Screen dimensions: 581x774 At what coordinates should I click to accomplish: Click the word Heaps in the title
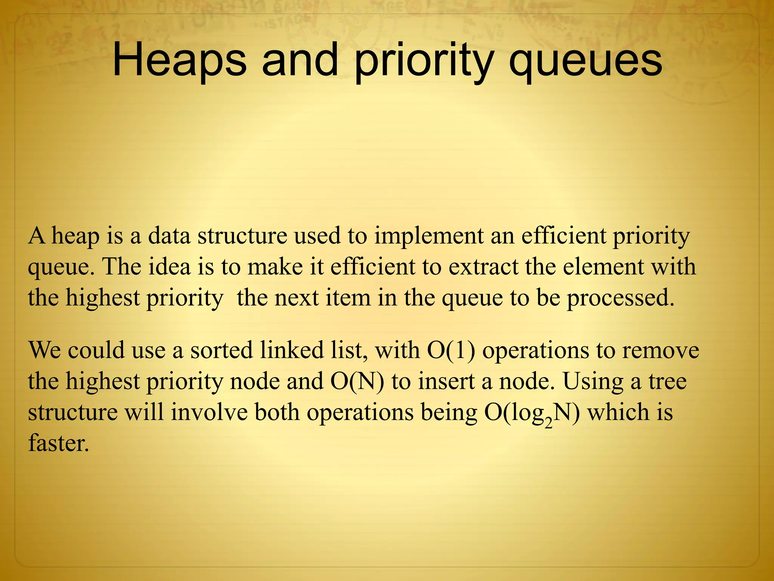pos(179,61)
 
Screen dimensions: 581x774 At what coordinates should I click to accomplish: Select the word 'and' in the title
pos(300,61)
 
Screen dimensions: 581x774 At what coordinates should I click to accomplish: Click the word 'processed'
pos(620,298)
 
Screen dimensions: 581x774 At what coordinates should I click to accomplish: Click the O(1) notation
pos(451,350)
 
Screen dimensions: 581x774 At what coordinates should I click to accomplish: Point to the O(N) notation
pos(357,381)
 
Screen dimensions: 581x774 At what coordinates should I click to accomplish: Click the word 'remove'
pos(661,350)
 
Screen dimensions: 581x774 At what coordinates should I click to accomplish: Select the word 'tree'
pos(668,381)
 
